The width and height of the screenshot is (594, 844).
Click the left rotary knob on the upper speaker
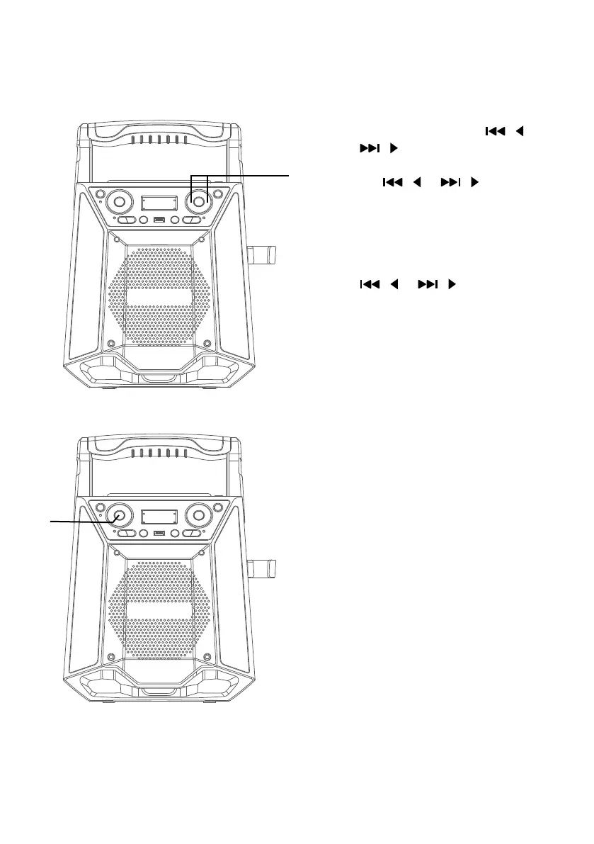(119, 203)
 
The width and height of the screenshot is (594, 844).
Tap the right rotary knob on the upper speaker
(198, 203)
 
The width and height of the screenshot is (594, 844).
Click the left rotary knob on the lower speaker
(119, 516)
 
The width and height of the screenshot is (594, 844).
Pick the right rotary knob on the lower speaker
(198, 516)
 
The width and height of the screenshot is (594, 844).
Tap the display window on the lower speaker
(159, 517)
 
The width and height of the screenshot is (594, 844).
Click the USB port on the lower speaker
(159, 534)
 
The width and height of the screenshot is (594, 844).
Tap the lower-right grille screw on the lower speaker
(207, 657)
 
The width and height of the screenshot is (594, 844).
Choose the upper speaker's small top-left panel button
(100, 193)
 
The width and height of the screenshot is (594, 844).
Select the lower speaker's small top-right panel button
(218, 507)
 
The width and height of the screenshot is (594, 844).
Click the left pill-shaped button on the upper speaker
(126, 220)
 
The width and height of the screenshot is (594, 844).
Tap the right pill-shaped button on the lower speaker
(191, 534)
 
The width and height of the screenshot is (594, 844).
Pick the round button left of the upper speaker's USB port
(143, 220)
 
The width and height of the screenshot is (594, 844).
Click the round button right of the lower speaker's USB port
(174, 534)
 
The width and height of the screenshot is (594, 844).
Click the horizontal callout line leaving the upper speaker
(248, 173)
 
